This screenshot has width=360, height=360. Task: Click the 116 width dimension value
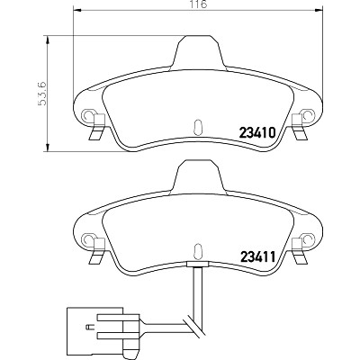[x=198, y=4]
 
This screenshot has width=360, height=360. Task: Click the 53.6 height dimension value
[x=41, y=94]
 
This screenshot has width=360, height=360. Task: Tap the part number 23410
[x=256, y=132]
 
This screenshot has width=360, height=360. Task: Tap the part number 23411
[x=256, y=256]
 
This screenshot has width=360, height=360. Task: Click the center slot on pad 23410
[x=198, y=126]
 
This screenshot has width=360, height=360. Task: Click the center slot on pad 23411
[x=198, y=250]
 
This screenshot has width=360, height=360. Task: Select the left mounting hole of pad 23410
[x=87, y=115]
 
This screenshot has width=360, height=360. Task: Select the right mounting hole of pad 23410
[x=309, y=115]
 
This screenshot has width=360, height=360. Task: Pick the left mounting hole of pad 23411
[x=87, y=238]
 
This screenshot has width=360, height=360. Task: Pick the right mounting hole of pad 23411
[x=309, y=238]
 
